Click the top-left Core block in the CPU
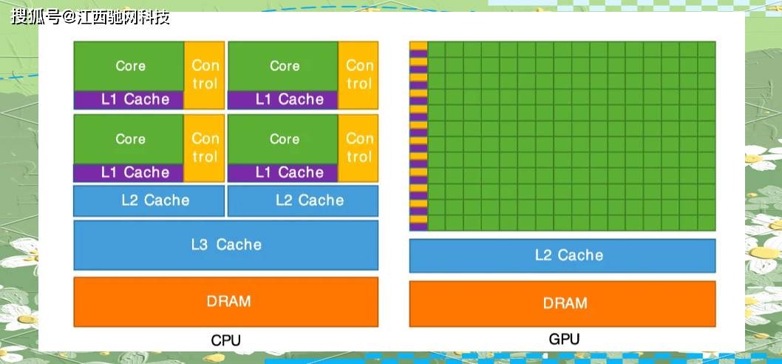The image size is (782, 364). pyautogui.click(x=129, y=66)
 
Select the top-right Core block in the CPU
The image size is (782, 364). pyautogui.click(x=284, y=66)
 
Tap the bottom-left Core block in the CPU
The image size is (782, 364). pyautogui.click(x=129, y=139)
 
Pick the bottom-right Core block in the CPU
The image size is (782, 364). pyautogui.click(x=284, y=139)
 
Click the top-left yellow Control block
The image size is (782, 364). pyautogui.click(x=205, y=75)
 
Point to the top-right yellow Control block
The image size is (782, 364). pyautogui.click(x=359, y=75)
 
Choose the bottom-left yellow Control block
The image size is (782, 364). pyautogui.click(x=205, y=147)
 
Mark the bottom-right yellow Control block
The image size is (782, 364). pyautogui.click(x=359, y=147)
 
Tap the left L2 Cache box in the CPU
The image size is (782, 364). pyautogui.click(x=149, y=200)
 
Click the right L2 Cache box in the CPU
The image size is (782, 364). pyautogui.click(x=303, y=200)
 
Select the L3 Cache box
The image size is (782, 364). pyautogui.click(x=226, y=245)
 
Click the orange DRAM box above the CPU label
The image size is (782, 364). pyautogui.click(x=226, y=302)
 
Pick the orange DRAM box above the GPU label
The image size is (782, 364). pyautogui.click(x=562, y=303)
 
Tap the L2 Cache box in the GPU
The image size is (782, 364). pyautogui.click(x=562, y=255)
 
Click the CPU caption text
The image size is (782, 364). pyautogui.click(x=226, y=341)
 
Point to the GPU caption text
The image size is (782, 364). pyautogui.click(x=564, y=340)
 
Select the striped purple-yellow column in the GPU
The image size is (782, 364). pyautogui.click(x=419, y=136)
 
